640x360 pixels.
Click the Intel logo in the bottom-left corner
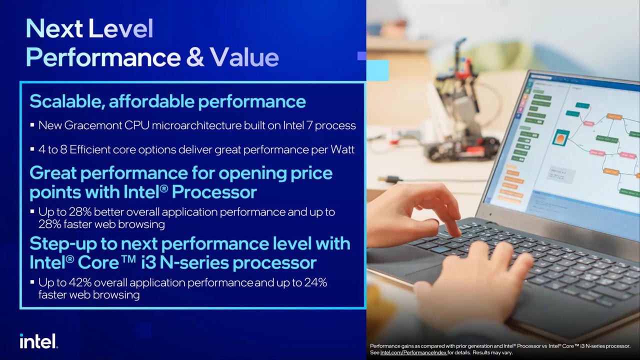point(38,341)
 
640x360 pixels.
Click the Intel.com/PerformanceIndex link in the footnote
point(413,352)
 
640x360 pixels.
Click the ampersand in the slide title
point(195,57)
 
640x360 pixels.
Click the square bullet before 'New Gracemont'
point(32,125)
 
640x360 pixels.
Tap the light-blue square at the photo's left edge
point(377,70)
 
